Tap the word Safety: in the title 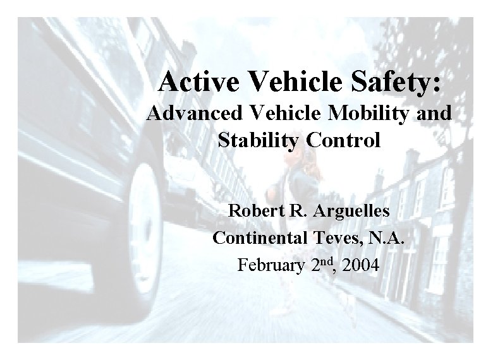393,81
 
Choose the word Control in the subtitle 344,140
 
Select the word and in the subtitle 435,114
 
